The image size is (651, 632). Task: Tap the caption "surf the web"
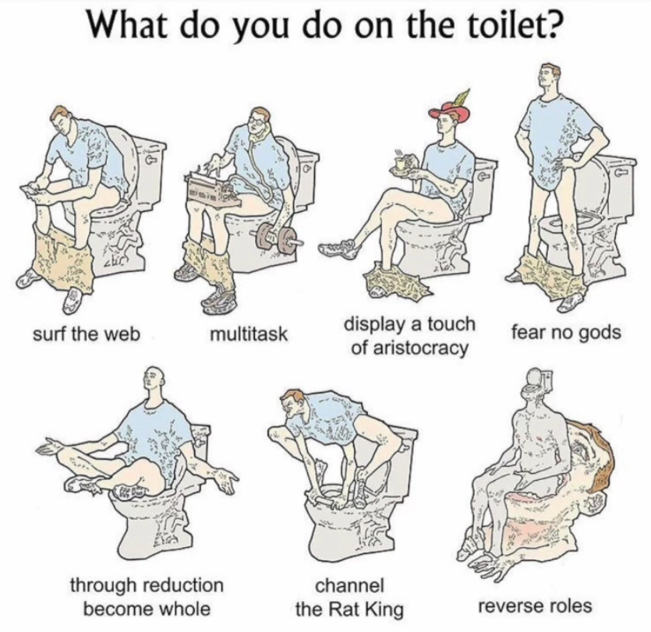pos(87,334)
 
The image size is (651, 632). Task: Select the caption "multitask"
pos(249,334)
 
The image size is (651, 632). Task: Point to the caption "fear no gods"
pos(566,333)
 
